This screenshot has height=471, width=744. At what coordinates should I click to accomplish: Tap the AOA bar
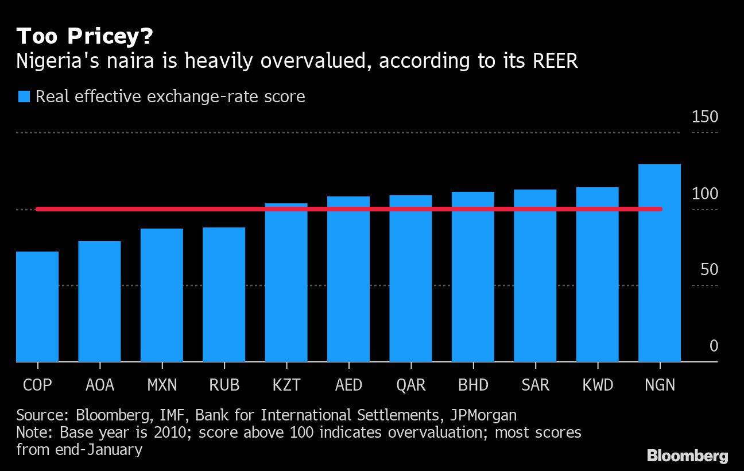(99, 301)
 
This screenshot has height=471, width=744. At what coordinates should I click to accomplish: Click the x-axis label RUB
(224, 385)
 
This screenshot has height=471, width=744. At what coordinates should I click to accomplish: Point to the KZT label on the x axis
(286, 385)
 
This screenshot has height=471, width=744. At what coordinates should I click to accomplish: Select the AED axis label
(348, 385)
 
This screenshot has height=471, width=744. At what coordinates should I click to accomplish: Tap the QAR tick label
(411, 385)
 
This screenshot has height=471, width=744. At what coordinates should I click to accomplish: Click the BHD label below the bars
(473, 385)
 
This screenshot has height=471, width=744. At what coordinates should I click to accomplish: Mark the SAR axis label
(535, 385)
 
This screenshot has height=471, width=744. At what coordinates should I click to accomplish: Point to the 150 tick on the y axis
(705, 117)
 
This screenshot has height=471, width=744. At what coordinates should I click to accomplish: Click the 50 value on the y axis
(709, 269)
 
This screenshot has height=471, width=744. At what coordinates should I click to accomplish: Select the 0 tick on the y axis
(714, 346)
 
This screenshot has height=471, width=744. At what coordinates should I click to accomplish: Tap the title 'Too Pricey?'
(84, 37)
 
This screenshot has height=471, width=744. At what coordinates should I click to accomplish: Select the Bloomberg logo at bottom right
(687, 456)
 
